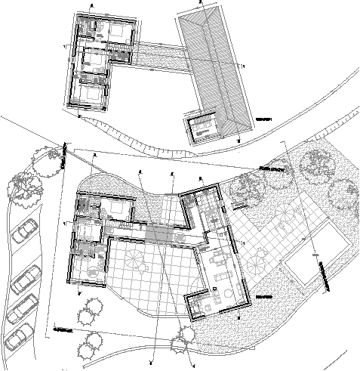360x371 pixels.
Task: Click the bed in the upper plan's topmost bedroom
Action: click(x=119, y=31)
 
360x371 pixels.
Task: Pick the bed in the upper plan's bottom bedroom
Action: click(x=91, y=93)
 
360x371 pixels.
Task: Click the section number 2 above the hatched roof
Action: click(x=200, y=3)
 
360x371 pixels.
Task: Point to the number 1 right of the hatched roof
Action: click(x=245, y=66)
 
